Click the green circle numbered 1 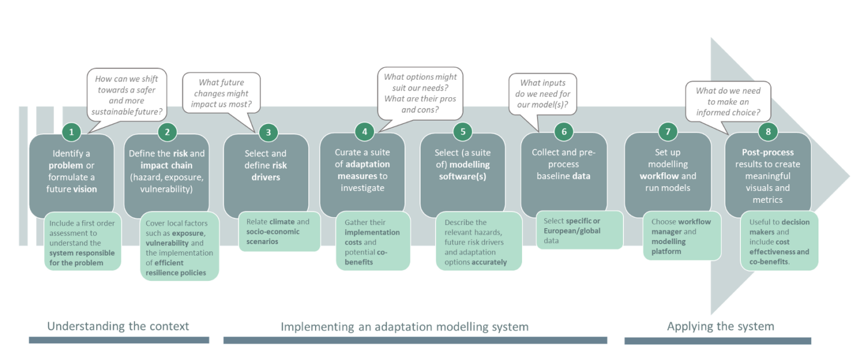(x=71, y=131)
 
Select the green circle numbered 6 (x=563, y=131)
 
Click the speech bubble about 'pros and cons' (x=420, y=93)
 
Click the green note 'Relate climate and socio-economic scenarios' (x=279, y=232)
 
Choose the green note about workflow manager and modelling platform (x=682, y=236)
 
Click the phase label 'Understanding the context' (x=118, y=326)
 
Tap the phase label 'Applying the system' (x=720, y=326)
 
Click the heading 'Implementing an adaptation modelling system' (x=404, y=327)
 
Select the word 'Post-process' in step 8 (x=767, y=152)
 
